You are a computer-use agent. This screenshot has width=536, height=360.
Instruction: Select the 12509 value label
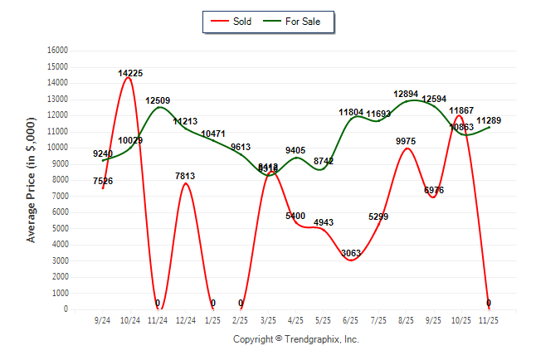158,101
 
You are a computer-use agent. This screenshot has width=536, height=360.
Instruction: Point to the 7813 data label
186,176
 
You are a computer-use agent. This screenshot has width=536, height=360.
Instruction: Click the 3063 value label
351,253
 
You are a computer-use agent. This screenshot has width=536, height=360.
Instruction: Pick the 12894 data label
406,95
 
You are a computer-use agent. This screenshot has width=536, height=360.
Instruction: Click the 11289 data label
488,121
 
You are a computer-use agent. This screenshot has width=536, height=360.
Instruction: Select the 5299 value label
378,217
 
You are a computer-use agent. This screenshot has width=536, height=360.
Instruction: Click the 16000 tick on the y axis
56,51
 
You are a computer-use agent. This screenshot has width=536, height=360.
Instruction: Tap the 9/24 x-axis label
103,319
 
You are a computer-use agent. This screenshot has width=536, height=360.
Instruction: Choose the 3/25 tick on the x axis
268,319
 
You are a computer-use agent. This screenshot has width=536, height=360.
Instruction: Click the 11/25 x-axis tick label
489,319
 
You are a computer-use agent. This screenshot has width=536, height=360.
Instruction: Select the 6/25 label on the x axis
351,319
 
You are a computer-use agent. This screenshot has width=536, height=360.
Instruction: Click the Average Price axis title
32,180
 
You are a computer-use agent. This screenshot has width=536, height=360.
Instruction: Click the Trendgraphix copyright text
295,339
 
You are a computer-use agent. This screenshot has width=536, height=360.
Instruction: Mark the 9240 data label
103,153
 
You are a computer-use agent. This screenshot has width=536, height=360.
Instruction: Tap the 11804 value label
351,113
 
